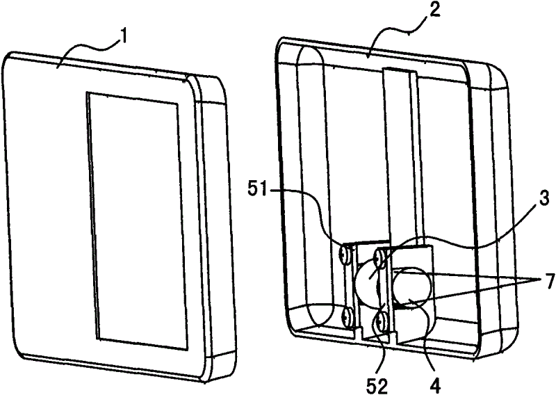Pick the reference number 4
(435, 386)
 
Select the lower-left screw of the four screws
(345, 316)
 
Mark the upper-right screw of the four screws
(380, 259)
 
